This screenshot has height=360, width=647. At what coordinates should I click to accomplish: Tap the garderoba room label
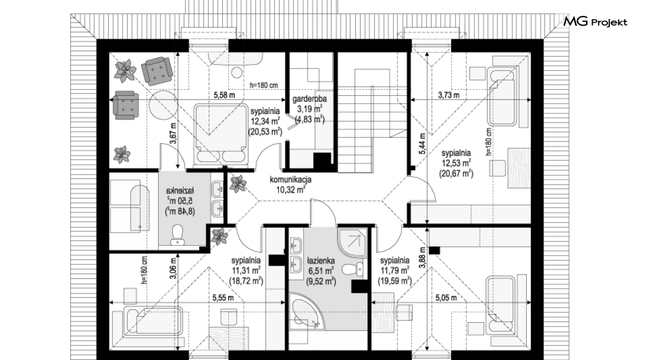coord(309,99)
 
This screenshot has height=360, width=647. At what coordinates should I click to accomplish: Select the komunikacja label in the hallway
coord(291,180)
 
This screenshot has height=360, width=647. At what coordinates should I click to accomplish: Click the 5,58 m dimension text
coord(225,95)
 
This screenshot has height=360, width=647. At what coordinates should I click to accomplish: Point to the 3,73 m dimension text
coord(449,95)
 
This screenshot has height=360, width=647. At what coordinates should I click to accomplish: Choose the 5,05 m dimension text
coord(446,298)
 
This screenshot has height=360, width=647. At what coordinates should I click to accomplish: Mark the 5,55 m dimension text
coord(223,298)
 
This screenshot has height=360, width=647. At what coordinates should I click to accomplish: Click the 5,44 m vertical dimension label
coord(422,143)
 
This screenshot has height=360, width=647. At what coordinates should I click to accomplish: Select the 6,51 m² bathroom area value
coord(320,271)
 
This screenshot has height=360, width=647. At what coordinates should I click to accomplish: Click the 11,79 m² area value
coord(394,270)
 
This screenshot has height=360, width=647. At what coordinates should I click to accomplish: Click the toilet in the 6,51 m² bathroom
coord(352,269)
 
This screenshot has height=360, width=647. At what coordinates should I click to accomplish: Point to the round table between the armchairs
coord(163,104)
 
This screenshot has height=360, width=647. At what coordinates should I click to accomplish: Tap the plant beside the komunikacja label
coord(237,184)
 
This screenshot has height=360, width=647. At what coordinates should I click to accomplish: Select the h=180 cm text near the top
coord(264,85)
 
